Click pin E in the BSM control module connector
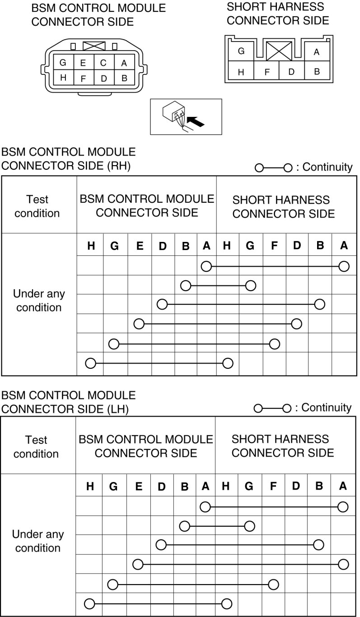[x=83, y=64]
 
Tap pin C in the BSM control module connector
[x=103, y=64]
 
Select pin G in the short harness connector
[x=241, y=51]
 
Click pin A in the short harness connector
[x=317, y=52]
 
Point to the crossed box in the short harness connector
[x=279, y=51]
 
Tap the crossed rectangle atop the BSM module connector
[x=94, y=46]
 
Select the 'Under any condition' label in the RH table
[x=39, y=301]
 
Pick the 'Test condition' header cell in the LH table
[x=36, y=446]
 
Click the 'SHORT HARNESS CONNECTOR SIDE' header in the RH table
[x=284, y=207]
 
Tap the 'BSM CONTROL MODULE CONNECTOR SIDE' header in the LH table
[x=145, y=446]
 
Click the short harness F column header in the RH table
[x=274, y=246]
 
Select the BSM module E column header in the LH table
[x=138, y=487]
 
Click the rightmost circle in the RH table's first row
[x=344, y=266]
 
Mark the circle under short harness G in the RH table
[x=251, y=285]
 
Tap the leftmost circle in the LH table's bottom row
[x=89, y=603]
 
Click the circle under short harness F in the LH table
[x=273, y=585]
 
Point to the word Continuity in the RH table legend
[x=327, y=167]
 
